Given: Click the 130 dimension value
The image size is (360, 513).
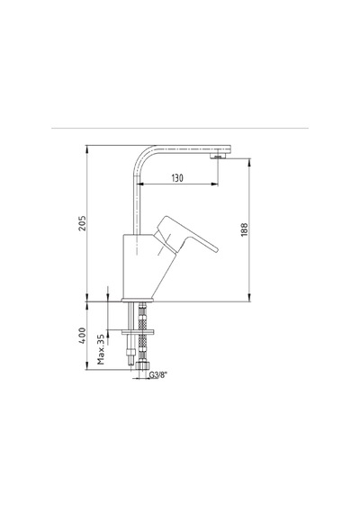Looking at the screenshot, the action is [x=177, y=178].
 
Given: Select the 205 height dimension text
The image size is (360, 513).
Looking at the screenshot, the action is [x=82, y=223].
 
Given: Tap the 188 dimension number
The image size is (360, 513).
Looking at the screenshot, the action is [x=245, y=230].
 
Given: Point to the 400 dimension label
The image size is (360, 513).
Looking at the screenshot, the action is [x=82, y=336].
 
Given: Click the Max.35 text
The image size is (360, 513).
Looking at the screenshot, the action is [x=101, y=349].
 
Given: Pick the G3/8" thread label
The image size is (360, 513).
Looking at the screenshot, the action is [x=158, y=375].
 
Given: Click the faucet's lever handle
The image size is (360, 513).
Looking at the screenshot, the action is [x=185, y=234].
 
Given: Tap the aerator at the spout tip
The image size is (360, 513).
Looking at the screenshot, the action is [x=217, y=157].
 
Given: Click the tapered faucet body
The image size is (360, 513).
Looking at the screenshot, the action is [x=144, y=265].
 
